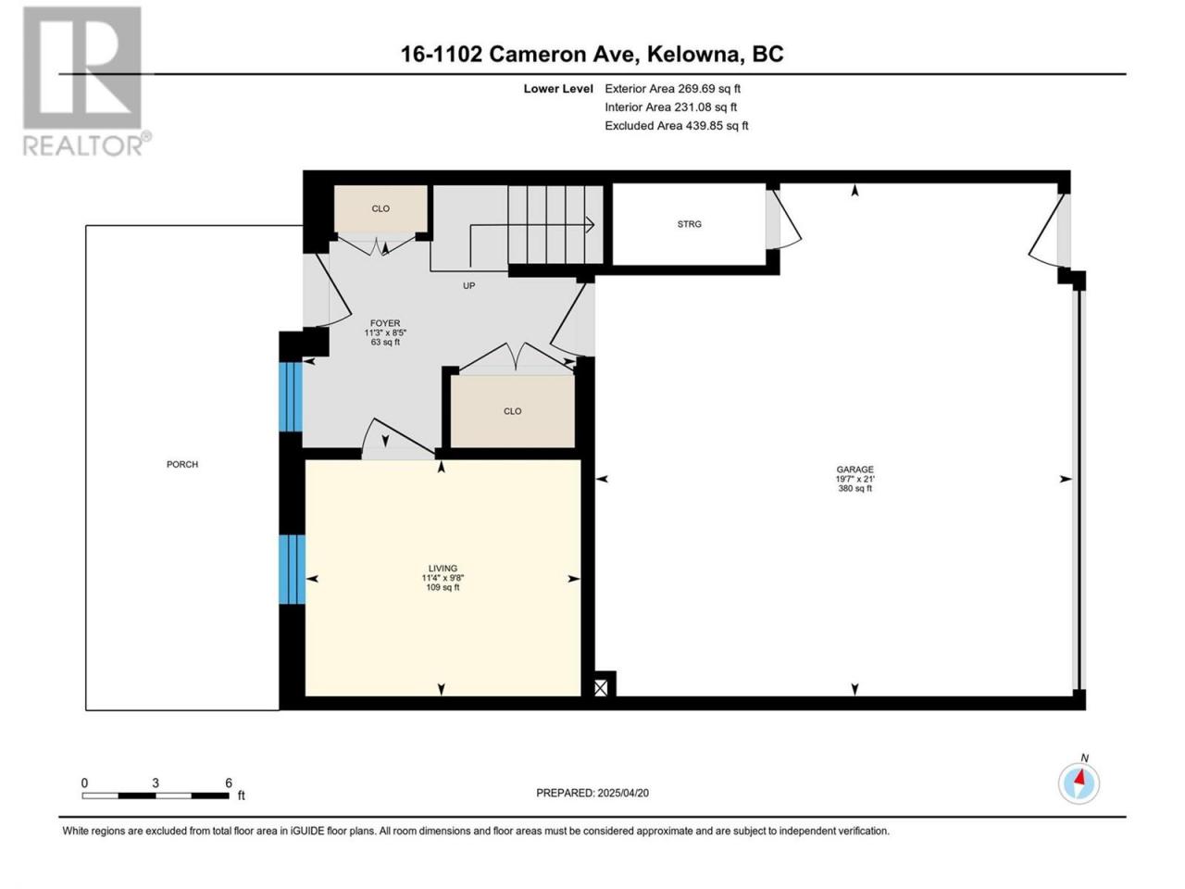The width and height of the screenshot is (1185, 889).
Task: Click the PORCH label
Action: pyautogui.click(x=182, y=464)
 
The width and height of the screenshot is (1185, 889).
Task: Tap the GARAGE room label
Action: pyautogui.click(x=854, y=470)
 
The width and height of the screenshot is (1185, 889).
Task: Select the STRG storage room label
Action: pyautogui.click(x=690, y=224)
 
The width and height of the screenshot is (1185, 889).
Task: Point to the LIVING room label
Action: pyautogui.click(x=443, y=569)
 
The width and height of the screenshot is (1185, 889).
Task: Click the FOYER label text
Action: pyautogui.click(x=385, y=323)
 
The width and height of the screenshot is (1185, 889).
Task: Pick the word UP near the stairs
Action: pyautogui.click(x=468, y=285)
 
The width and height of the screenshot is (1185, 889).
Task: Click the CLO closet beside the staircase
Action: pyautogui.click(x=380, y=209)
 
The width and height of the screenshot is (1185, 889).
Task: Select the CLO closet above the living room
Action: pyautogui.click(x=512, y=411)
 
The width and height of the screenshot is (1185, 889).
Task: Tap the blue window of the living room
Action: pyautogui.click(x=292, y=569)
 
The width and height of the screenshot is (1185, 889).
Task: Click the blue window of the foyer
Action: pyautogui.click(x=291, y=396)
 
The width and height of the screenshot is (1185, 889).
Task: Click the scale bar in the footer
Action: pyautogui.click(x=156, y=795)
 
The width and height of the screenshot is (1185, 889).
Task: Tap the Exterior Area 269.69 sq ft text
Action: pyautogui.click(x=673, y=89)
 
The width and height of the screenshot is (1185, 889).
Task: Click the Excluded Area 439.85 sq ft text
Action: pyautogui.click(x=677, y=126)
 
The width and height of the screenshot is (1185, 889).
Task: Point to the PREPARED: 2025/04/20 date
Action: pyautogui.click(x=592, y=793)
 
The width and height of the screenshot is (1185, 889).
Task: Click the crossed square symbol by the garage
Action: pyautogui.click(x=601, y=688)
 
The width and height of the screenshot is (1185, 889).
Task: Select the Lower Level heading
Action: pyautogui.click(x=558, y=89)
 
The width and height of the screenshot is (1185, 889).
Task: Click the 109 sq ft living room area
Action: pyautogui.click(x=443, y=587)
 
